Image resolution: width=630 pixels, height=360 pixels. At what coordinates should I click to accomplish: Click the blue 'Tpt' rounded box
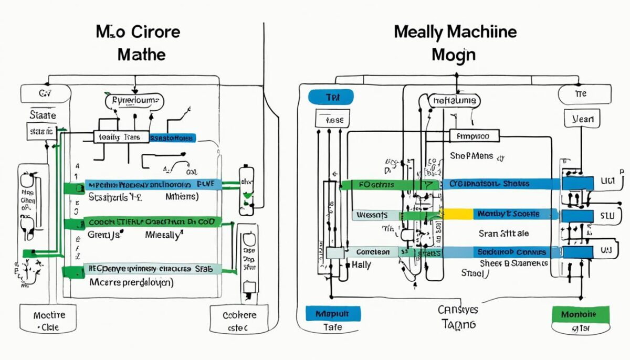[330, 97]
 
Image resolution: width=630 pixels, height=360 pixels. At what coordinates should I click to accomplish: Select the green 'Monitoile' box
[581, 314]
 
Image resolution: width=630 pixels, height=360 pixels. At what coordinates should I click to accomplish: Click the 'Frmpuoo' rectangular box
[472, 136]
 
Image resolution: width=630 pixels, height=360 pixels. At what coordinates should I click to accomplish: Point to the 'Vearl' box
[582, 119]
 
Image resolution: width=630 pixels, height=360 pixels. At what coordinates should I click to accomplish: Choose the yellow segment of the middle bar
[455, 214]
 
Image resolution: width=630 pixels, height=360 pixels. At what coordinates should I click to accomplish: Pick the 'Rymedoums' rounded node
[134, 100]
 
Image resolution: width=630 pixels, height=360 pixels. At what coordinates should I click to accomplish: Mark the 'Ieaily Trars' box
[120, 137]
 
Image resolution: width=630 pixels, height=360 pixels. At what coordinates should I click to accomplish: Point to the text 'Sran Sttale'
[503, 233]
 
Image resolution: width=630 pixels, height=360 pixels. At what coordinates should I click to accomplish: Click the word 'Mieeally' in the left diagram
[162, 236]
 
